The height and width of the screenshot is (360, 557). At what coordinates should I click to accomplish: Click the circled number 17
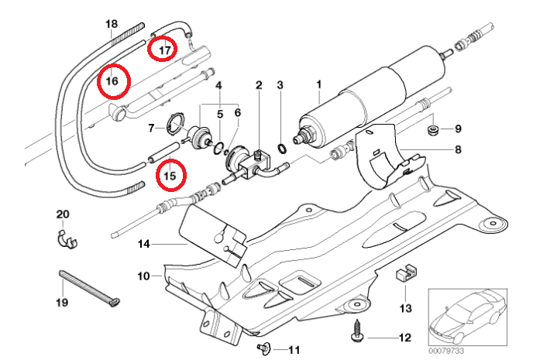pos(163,50)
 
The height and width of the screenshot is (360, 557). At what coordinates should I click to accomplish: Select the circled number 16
pos(113,81)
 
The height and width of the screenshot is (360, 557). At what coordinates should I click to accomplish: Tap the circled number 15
pos(170,175)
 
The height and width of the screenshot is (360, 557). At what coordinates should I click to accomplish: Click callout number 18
pos(112,24)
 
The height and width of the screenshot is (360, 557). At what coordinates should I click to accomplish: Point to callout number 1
pos(318,83)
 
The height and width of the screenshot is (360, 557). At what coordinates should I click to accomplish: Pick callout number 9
pos(458,128)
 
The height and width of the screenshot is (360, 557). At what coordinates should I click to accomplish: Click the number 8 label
pos(458,149)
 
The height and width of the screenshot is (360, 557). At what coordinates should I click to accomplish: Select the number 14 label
pos(143,245)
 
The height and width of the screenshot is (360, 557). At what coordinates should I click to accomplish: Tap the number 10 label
pos(143,275)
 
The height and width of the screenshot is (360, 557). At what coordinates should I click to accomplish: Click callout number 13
pos(406,308)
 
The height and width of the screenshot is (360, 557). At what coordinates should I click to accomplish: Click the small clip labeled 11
pos(263,348)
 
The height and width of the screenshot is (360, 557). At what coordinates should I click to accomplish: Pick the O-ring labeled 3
pos(284,146)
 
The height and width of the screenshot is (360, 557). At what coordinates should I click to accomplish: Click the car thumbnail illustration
pos(467,317)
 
